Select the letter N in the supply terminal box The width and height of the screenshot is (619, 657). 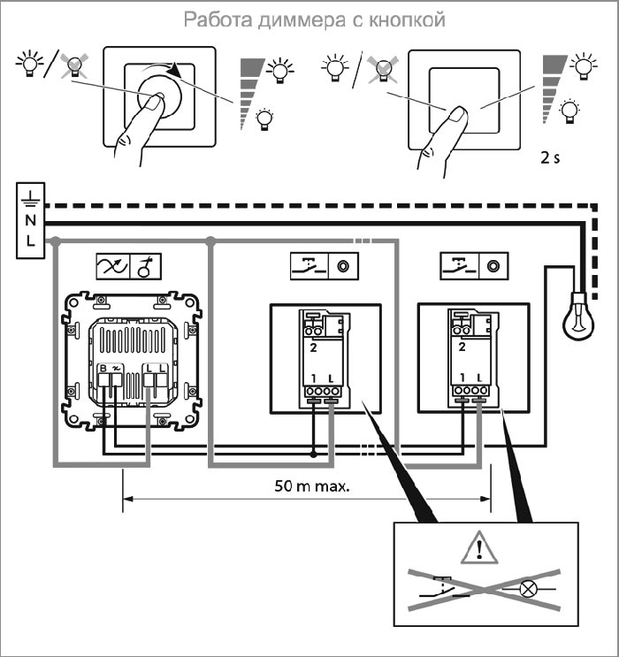pyautogui.click(x=30, y=220)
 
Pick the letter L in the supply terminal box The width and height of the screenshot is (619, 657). pyautogui.click(x=30, y=241)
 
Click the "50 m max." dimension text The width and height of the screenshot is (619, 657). pyautogui.click(x=305, y=485)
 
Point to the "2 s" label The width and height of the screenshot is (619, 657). pyautogui.click(x=550, y=162)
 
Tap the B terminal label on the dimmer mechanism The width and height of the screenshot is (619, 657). pyautogui.click(x=103, y=367)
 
